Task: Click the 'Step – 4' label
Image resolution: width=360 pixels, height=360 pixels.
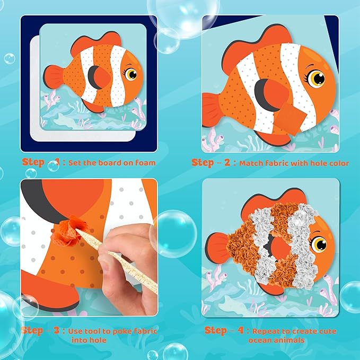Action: tap(223, 331)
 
